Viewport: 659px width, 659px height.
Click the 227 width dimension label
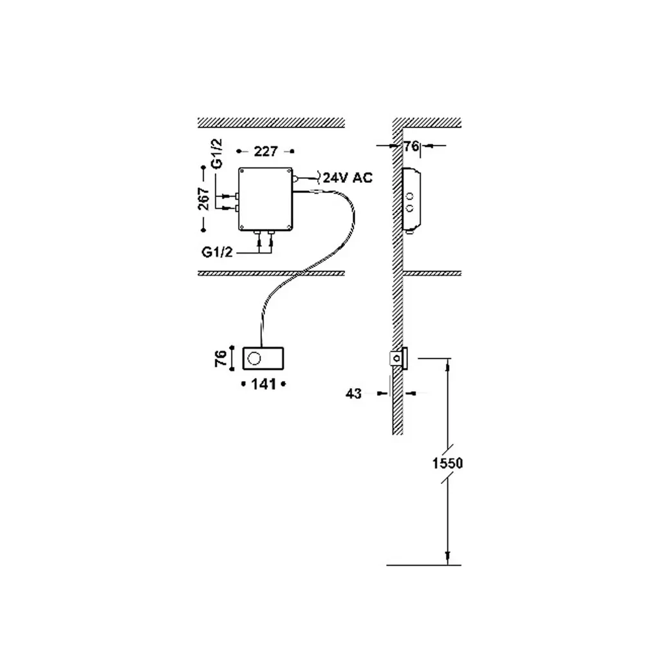click(265, 151)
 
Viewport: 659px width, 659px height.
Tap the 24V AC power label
click(348, 178)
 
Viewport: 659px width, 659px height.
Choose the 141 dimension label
click(263, 384)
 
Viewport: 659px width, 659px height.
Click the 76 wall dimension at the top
click(411, 147)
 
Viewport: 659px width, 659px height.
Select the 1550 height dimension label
click(448, 462)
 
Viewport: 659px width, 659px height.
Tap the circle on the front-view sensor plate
click(255, 357)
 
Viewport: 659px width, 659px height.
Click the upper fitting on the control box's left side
click(237, 195)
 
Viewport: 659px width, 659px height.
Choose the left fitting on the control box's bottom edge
click(259, 232)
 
